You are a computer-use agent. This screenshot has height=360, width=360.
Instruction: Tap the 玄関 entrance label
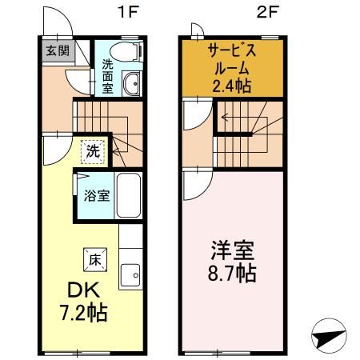click(57, 51)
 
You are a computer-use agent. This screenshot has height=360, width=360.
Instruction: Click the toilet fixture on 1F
click(126, 51)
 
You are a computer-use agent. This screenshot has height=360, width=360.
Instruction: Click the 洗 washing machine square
click(94, 149)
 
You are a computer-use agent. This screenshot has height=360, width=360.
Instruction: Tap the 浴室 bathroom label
click(98, 196)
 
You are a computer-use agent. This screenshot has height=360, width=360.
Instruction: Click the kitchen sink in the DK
click(129, 277)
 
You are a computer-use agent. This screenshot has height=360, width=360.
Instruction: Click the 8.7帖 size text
click(228, 274)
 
